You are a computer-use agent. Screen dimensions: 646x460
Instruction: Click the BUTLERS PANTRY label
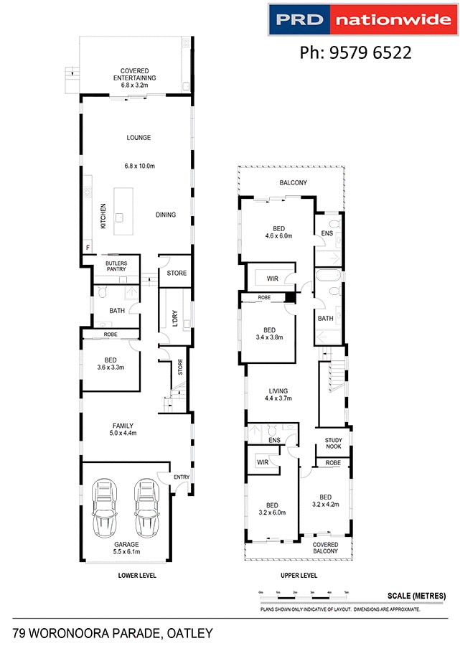coord(116,266)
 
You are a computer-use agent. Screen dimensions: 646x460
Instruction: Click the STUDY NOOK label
coord(333,443)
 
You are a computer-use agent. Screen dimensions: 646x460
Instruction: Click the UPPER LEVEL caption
coord(299,576)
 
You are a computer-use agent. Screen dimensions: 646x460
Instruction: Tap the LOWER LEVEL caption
coord(137,576)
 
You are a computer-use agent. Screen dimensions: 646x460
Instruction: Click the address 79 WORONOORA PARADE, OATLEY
coord(113,632)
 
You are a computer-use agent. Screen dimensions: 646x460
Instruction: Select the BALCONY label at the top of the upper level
coord(294,183)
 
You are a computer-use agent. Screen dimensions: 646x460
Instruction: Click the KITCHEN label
coord(103,216)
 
